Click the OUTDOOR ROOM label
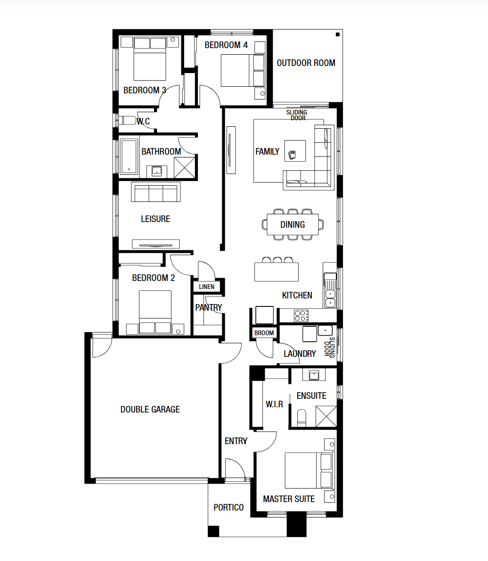pyautogui.click(x=306, y=63)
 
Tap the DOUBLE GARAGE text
pyautogui.click(x=150, y=409)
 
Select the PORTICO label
pyautogui.click(x=229, y=507)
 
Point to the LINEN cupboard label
pyautogui.click(x=207, y=287)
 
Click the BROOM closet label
pyautogui.click(x=264, y=333)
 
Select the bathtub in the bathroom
pyautogui.click(x=128, y=157)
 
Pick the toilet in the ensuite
pyautogui.click(x=302, y=418)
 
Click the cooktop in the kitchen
pyautogui.click(x=301, y=315)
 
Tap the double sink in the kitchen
pyautogui.click(x=330, y=298)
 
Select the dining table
pyautogui.click(x=293, y=224)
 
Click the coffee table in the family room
pyautogui.click(x=295, y=151)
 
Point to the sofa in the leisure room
pyautogui.click(x=156, y=192)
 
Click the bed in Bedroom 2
pyautogui.click(x=155, y=312)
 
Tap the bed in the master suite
pyautogui.click(x=309, y=470)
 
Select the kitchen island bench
pyautogui.click(x=277, y=272)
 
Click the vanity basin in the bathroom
pyautogui.click(x=157, y=171)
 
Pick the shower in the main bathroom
pyautogui.click(x=185, y=167)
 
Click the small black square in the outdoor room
pyautogui.click(x=337, y=34)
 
